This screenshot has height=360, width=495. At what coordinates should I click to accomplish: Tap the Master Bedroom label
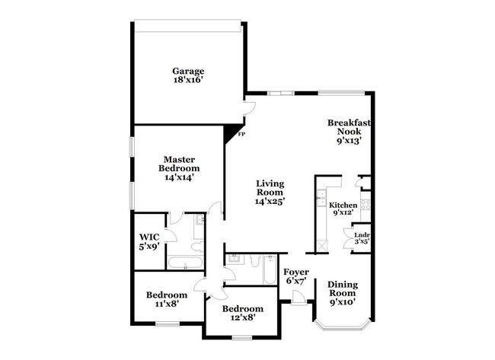click(179, 167)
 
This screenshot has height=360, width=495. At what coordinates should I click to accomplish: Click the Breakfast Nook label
click(349, 131)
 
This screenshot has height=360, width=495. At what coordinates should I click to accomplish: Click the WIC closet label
click(148, 241)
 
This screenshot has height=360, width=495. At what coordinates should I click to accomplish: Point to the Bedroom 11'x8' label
click(167, 300)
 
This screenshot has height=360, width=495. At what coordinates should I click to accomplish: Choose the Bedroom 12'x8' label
click(242, 313)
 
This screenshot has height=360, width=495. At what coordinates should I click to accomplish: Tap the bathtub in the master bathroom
click(185, 265)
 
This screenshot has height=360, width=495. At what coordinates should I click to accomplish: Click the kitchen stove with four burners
click(365, 204)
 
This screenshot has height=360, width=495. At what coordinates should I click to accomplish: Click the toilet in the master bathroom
click(197, 247)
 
